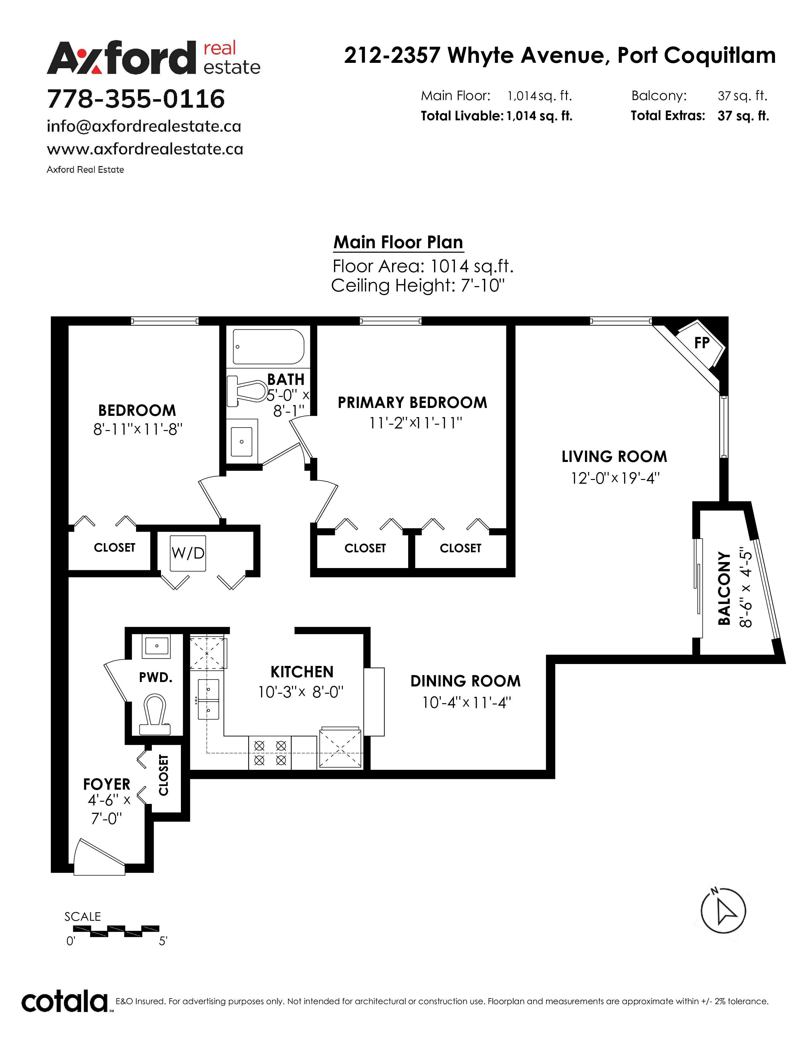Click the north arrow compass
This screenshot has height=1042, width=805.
point(723,911)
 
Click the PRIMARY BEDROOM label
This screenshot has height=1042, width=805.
point(413,403)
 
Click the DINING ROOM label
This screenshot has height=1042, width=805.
point(465,681)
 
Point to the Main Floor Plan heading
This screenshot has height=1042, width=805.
point(398,243)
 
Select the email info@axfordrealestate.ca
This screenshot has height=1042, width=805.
point(144,126)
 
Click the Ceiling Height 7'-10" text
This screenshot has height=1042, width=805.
point(418,286)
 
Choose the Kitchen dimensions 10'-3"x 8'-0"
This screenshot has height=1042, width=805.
point(301,692)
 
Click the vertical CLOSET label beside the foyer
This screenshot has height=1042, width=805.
point(164,775)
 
